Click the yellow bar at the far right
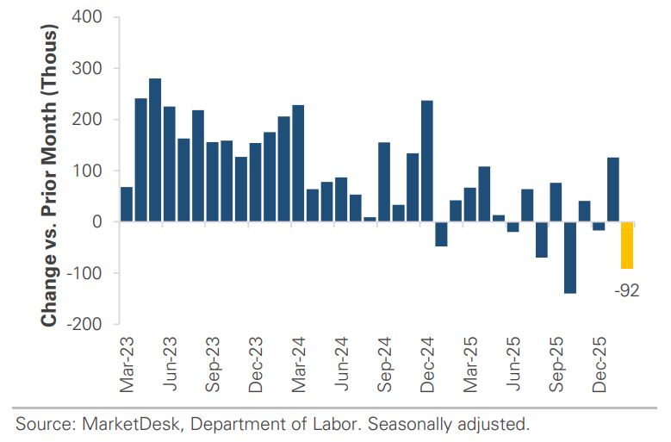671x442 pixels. (626, 246)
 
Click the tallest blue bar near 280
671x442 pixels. (155, 150)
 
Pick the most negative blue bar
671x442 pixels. (569, 258)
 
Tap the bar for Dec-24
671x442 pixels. (426, 161)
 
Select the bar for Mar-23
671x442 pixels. (127, 204)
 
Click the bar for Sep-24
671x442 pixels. (384, 182)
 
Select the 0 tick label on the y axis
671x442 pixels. (98, 222)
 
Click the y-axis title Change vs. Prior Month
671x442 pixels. (49, 177)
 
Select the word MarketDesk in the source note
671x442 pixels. (116, 424)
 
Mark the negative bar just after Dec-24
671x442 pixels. (441, 234)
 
